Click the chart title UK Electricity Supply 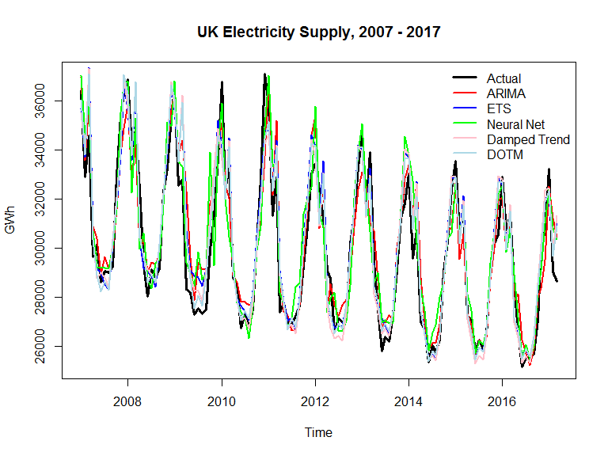pos(319,33)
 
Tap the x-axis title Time pos(319,432)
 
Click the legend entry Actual pos(503,78)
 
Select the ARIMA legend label pos(506,93)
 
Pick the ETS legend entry pos(499,108)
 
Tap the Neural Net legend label pos(515,124)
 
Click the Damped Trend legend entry pos(528,139)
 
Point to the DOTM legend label pos(504,154)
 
